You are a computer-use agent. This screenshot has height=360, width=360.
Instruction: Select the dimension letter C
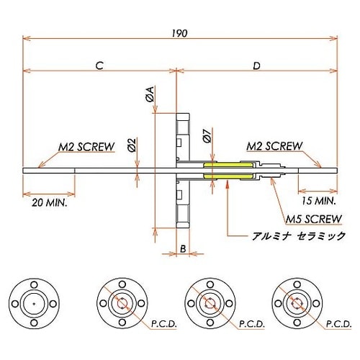[x=99, y=66]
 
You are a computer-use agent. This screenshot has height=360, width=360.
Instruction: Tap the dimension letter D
[x=257, y=66]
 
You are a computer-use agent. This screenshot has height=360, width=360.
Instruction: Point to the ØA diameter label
[x=149, y=94]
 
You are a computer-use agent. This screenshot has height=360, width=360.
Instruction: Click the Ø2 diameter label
[x=132, y=145]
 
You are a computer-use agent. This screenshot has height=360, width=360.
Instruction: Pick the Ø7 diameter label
[x=207, y=135]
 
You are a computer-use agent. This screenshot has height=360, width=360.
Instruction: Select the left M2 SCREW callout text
[x=86, y=147]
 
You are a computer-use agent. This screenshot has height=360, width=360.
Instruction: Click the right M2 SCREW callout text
[x=274, y=146]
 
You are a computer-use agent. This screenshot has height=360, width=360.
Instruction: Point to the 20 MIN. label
[x=50, y=204]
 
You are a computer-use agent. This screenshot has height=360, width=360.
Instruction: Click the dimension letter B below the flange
[x=183, y=249]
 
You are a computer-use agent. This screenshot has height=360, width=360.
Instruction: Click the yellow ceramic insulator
[x=229, y=171]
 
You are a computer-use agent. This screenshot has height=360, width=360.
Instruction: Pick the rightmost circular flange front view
[x=294, y=302]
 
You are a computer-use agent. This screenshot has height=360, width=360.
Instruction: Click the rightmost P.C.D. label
[x=338, y=325]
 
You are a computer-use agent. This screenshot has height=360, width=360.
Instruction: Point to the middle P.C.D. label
[x=251, y=325]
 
